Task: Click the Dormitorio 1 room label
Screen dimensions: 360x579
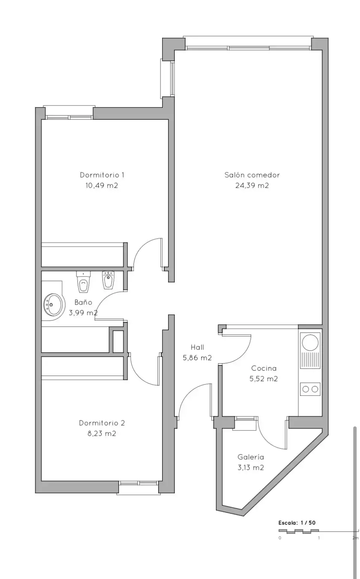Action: [102, 175]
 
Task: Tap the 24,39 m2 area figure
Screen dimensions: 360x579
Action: [252, 186]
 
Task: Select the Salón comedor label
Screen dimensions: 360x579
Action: [252, 175]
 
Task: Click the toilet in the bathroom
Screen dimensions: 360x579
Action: [83, 282]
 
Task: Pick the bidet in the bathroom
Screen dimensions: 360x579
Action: [108, 280]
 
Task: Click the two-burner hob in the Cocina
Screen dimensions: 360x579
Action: [310, 389]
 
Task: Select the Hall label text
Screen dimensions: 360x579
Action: [197, 347]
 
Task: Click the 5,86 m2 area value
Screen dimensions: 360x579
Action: [197, 358]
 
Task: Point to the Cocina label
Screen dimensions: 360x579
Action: [264, 368]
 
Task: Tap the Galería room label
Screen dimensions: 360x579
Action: [251, 457]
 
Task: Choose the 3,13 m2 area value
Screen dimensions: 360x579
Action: [251, 468]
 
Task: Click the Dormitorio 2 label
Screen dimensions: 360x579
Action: [102, 423]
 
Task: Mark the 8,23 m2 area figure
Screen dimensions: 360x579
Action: [102, 433]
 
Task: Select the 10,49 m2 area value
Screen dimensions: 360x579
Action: [102, 186]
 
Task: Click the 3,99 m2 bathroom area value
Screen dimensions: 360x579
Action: [83, 313]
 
